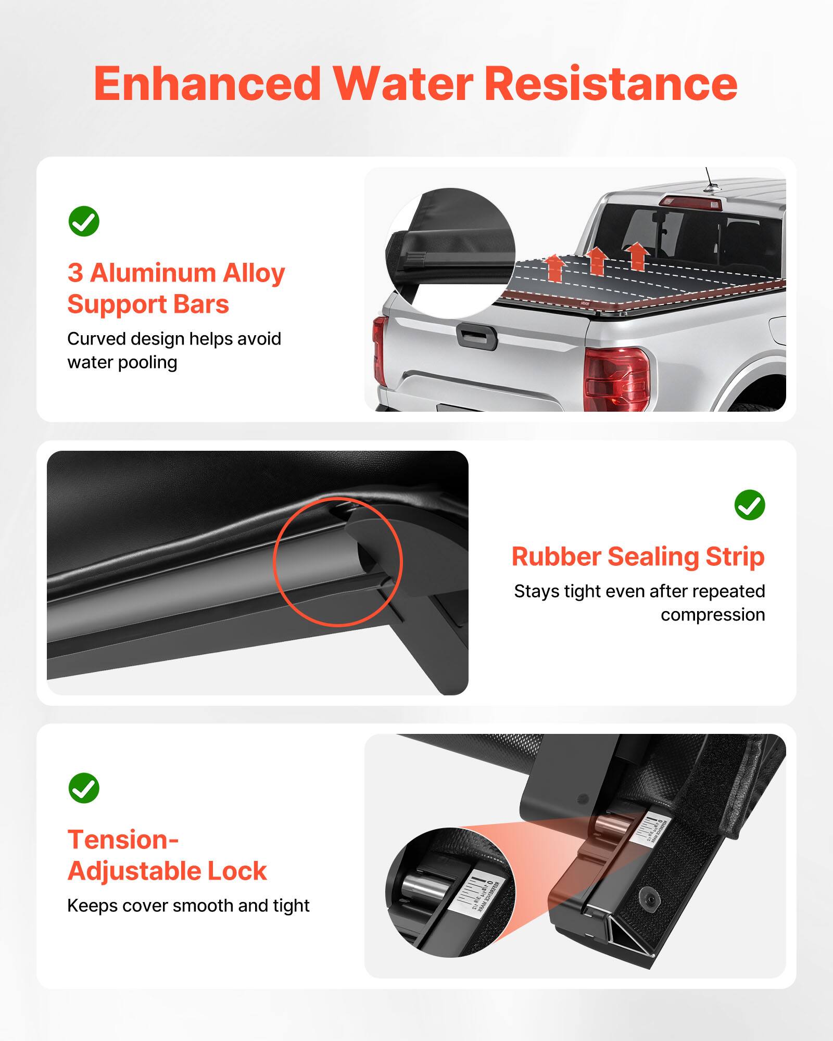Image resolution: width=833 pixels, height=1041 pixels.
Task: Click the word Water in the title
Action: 403,84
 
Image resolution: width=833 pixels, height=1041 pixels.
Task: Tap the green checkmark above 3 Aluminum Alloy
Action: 84,221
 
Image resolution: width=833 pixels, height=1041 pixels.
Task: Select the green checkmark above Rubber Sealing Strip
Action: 750,504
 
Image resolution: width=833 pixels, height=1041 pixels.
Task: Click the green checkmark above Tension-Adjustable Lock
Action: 84,788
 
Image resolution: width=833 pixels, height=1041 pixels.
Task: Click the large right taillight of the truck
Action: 617,379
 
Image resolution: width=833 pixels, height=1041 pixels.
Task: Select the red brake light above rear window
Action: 690,202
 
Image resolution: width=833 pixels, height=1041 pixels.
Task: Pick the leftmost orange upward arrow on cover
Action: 555,268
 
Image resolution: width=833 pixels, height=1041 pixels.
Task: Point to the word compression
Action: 712,615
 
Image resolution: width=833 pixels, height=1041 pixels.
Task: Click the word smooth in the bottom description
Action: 203,906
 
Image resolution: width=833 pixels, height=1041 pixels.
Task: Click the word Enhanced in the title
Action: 207,84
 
